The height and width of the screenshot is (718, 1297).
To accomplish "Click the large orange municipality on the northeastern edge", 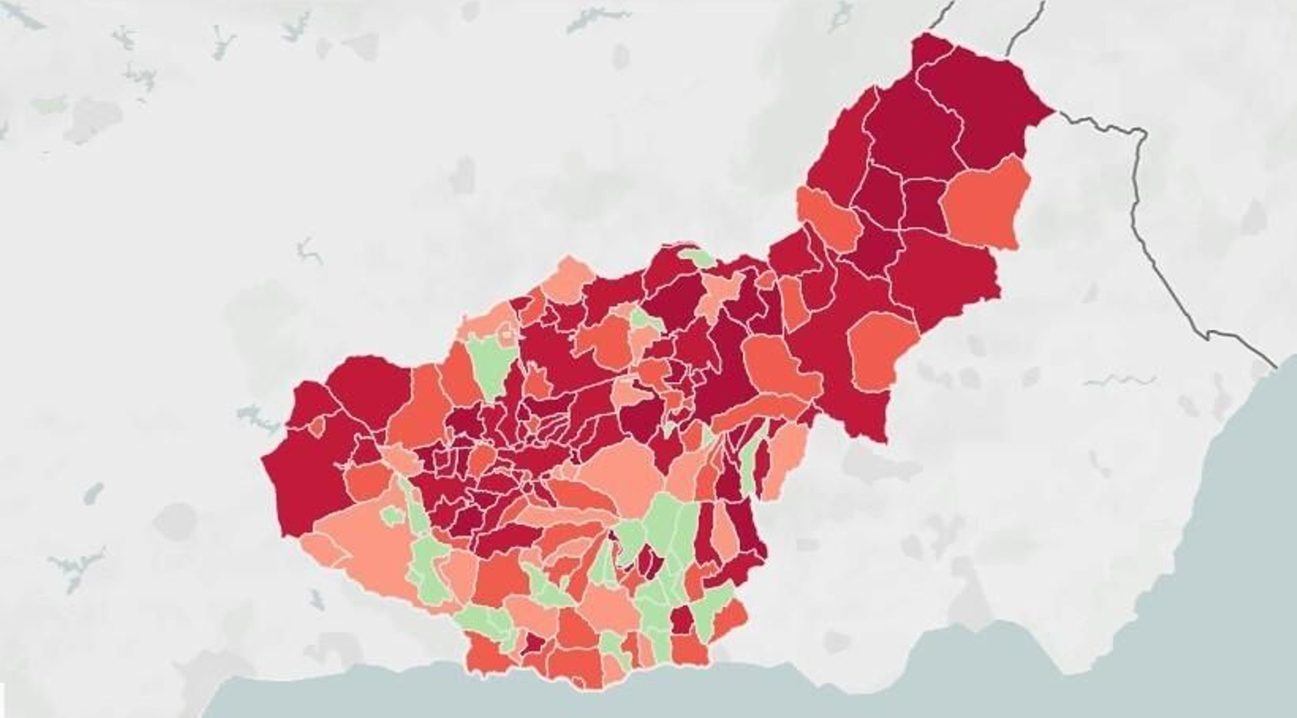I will click(985, 203).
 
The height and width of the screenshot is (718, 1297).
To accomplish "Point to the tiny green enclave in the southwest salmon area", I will click(392, 515).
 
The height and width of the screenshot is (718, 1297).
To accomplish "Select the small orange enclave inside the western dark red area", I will click(317, 426).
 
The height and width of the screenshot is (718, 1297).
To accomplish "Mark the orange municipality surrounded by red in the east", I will click(881, 348).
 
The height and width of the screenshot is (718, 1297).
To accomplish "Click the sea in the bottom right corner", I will click(1216, 648).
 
